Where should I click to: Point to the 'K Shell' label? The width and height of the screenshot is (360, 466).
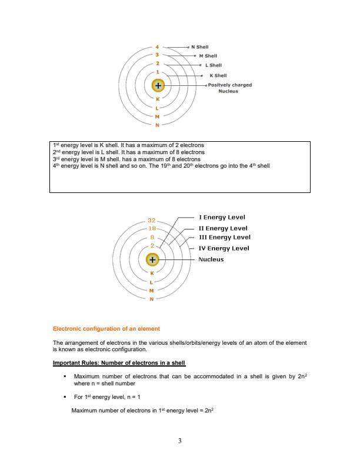pyautogui.click(x=219, y=75)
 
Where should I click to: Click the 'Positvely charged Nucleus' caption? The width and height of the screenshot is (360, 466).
pyautogui.click(x=229, y=88)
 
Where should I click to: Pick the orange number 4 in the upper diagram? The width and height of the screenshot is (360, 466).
pyautogui.click(x=157, y=45)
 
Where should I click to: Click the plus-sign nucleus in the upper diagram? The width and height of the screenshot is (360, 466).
pyautogui.click(x=158, y=86)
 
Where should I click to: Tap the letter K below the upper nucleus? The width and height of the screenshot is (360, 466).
pyautogui.click(x=157, y=98)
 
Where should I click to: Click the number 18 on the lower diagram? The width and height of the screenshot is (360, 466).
pyautogui.click(x=152, y=228)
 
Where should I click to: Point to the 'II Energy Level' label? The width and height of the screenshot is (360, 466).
pyautogui.click(x=223, y=228)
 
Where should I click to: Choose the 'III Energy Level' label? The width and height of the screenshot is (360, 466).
pyautogui.click(x=224, y=237)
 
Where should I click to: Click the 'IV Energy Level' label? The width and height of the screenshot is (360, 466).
pyautogui.click(x=224, y=248)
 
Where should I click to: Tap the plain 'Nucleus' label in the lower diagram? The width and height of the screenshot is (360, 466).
pyautogui.click(x=211, y=259)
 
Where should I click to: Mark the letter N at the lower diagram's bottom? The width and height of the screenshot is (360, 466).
pyautogui.click(x=152, y=299)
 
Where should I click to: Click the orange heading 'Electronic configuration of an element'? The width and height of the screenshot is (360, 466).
pyautogui.click(x=106, y=328)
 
